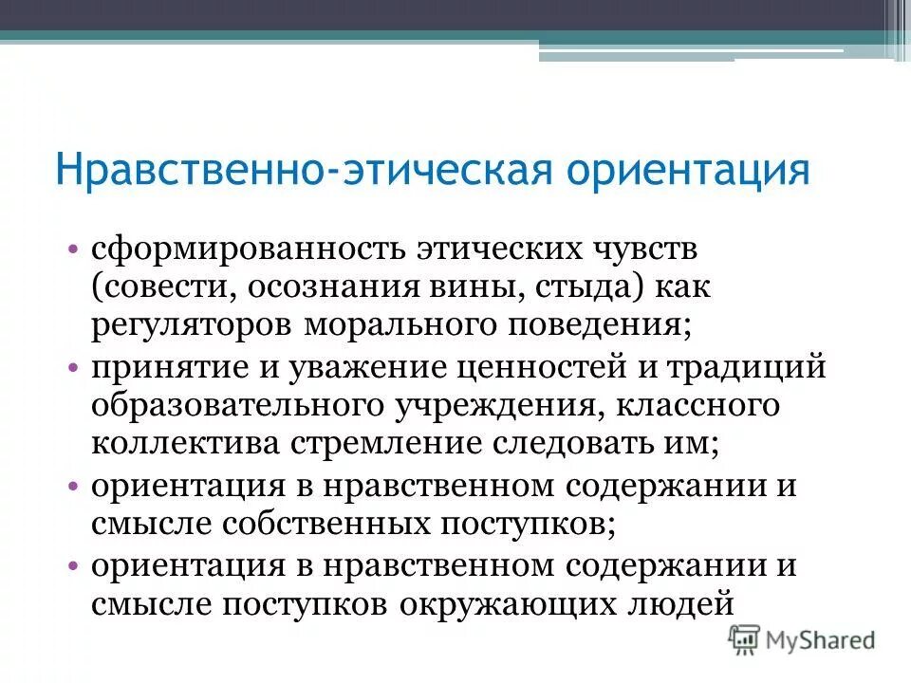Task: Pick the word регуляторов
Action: click(193, 325)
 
